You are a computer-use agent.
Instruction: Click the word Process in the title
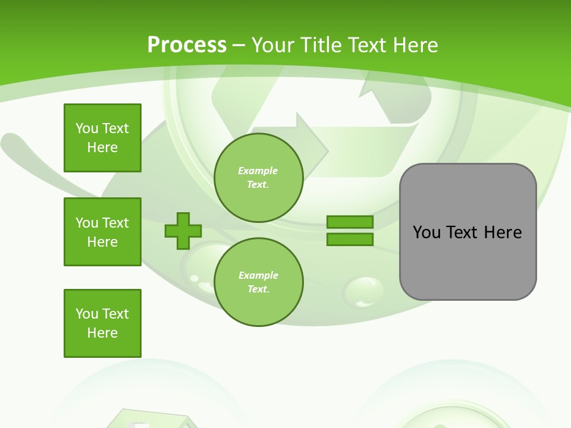(x=187, y=45)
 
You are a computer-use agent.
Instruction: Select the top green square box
(x=102, y=138)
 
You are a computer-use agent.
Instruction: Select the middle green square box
(x=102, y=232)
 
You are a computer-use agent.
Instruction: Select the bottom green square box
(x=102, y=323)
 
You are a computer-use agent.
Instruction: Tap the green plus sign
(x=183, y=231)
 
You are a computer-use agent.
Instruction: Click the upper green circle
(x=259, y=178)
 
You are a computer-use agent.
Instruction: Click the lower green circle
(x=259, y=282)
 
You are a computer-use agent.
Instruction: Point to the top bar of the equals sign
(x=350, y=222)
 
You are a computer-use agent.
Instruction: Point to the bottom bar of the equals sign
(x=350, y=240)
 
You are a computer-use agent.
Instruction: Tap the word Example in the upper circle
(x=258, y=171)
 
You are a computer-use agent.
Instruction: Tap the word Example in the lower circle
(x=258, y=275)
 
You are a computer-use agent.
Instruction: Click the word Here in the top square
(x=102, y=147)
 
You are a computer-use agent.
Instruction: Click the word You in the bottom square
(x=86, y=314)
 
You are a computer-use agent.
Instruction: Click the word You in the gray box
(x=426, y=232)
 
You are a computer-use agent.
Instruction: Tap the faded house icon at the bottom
(x=153, y=419)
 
